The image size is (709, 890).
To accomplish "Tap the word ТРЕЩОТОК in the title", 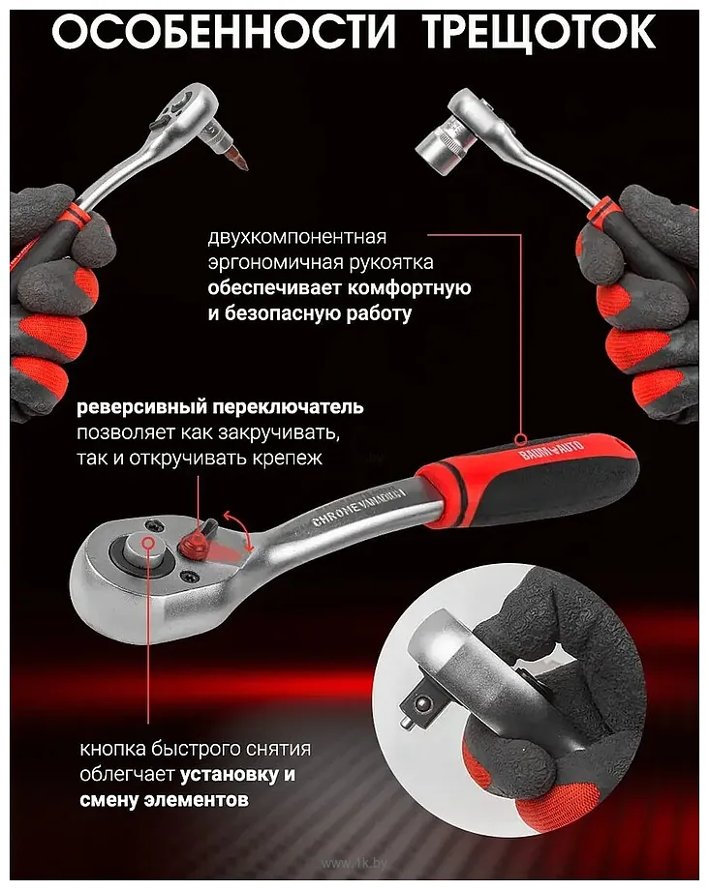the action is (539, 34).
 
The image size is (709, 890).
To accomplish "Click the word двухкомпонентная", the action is (297, 237).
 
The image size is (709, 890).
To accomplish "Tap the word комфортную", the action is (409, 288).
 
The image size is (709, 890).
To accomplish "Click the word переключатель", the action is (288, 407).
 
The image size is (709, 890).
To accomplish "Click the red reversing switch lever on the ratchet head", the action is (197, 538).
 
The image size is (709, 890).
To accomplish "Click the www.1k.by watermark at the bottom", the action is (354, 864).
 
